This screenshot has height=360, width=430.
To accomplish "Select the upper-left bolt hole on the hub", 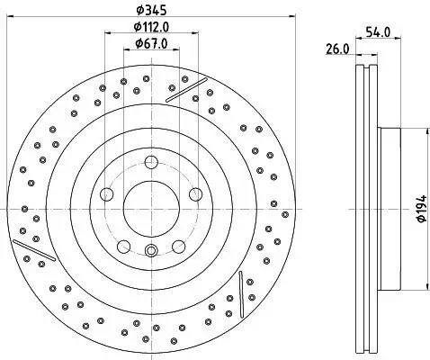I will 106,194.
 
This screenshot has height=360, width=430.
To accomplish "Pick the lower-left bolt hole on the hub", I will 122,246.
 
